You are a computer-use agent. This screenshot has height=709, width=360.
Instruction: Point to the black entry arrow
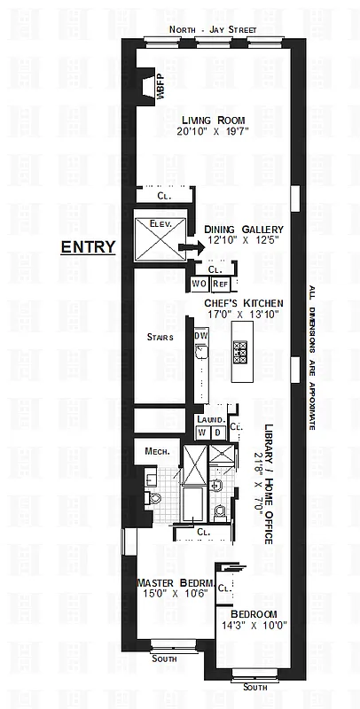click(188, 248)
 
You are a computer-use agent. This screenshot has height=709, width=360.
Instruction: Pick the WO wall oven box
click(199, 284)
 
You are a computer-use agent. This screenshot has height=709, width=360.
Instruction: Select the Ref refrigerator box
click(219, 284)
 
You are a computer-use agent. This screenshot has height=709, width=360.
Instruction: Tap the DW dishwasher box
click(201, 336)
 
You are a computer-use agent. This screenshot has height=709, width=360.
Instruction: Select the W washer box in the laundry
click(201, 432)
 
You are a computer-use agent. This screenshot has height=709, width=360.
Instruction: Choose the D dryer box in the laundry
click(216, 432)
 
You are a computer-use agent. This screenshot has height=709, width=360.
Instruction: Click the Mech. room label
click(157, 451)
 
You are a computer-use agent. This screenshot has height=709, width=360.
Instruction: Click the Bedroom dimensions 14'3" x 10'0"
click(254, 627)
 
